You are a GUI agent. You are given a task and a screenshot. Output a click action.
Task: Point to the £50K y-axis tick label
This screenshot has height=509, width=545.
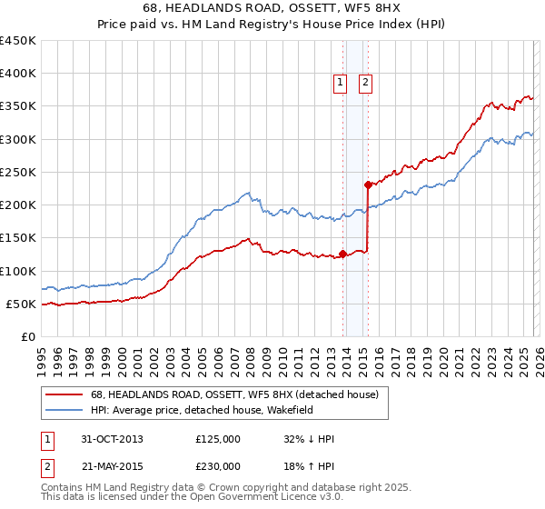click(21, 304)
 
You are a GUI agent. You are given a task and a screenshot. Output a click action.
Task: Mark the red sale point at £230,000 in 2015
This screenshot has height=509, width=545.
click(368, 185)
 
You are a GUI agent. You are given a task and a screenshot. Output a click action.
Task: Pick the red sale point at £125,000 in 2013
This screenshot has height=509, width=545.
click(342, 254)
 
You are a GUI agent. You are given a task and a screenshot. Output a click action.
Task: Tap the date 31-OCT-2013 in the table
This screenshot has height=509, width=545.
click(112, 439)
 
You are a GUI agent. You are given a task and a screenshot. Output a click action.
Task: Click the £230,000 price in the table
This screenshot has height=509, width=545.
click(218, 465)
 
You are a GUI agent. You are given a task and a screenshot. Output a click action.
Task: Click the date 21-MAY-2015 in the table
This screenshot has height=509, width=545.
click(112, 465)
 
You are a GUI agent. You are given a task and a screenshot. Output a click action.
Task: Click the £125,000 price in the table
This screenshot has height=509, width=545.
click(218, 439)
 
